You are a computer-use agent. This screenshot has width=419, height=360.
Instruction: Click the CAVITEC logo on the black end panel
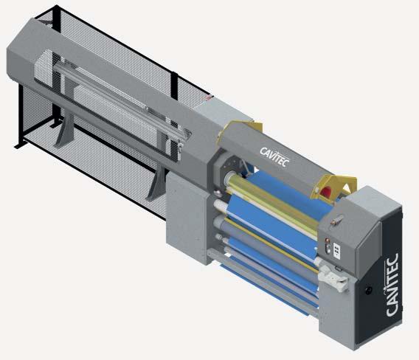point(392,285)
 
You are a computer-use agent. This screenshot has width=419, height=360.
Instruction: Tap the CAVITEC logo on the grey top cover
point(274,157)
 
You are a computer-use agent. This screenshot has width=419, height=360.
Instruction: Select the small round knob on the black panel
point(369,290)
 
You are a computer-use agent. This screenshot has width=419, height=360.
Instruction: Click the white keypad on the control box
point(337,251)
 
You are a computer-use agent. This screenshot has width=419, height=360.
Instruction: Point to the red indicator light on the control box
point(326,241)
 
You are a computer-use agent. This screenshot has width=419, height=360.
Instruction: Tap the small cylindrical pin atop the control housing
point(336,221)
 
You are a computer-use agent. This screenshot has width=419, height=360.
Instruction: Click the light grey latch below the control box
point(334,278)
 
